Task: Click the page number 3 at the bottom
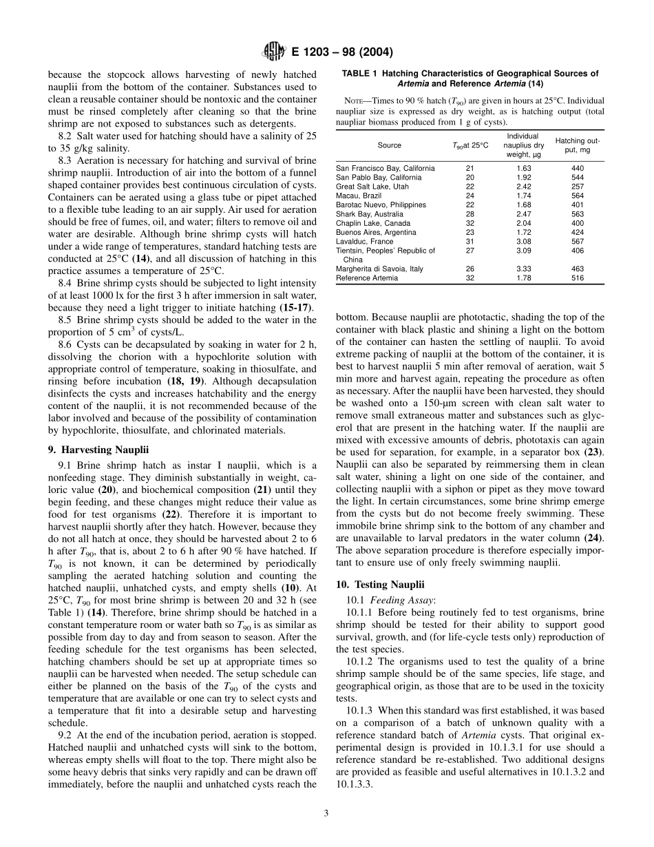(326, 813)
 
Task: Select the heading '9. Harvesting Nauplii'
(98, 450)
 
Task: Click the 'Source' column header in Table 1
(389, 145)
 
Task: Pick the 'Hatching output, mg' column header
(578, 145)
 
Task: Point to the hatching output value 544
(578, 178)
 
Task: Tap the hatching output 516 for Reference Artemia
(578, 278)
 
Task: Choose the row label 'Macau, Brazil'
(358, 196)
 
